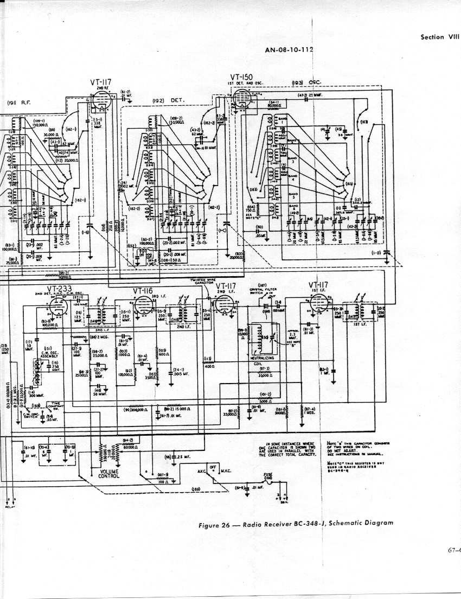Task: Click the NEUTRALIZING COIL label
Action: coord(262,360)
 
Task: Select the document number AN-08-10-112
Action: coord(289,50)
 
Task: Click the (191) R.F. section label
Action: coord(19,102)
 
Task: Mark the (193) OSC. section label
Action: coord(306,82)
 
